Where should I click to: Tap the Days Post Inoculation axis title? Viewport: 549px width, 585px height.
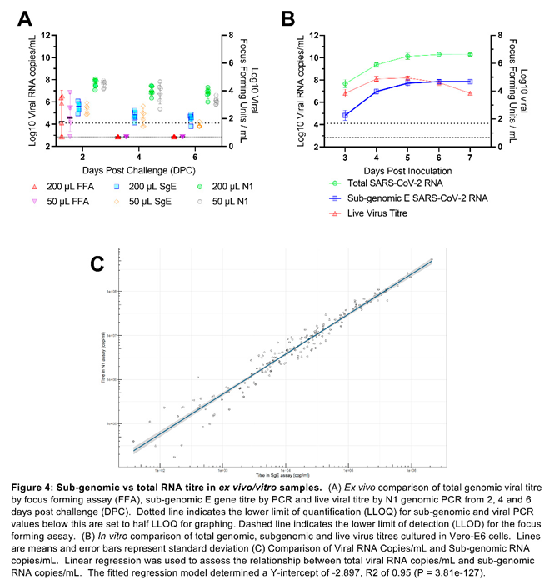click(407, 172)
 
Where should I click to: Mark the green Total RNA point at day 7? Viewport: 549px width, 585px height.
click(470, 55)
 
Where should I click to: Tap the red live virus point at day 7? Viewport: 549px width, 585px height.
click(470, 93)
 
